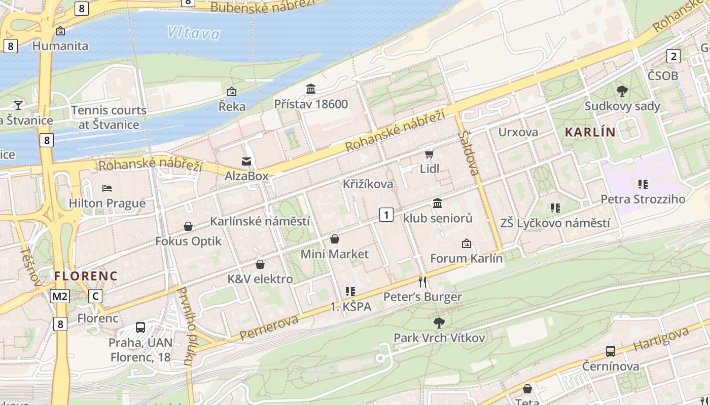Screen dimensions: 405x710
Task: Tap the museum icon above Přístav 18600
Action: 311,89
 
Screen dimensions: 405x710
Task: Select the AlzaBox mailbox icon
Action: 246,161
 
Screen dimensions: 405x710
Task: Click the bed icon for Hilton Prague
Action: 107,188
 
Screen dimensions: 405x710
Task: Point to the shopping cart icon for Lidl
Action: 430,154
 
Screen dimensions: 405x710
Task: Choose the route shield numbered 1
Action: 386,215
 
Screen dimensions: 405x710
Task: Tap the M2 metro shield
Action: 59,296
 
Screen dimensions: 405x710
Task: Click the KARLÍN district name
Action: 590,133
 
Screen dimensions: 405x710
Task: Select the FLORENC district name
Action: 86,276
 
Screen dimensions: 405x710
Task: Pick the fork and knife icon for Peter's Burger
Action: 422,281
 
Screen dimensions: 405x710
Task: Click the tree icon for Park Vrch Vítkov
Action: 439,322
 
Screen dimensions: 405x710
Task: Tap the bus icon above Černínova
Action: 611,351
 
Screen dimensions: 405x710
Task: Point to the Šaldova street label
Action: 469,152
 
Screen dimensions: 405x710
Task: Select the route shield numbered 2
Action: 673,56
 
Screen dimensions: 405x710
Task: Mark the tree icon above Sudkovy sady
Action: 622,91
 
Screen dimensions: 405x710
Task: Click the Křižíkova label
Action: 368,184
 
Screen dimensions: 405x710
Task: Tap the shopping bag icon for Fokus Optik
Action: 188,226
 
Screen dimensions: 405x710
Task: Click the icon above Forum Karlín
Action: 467,244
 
